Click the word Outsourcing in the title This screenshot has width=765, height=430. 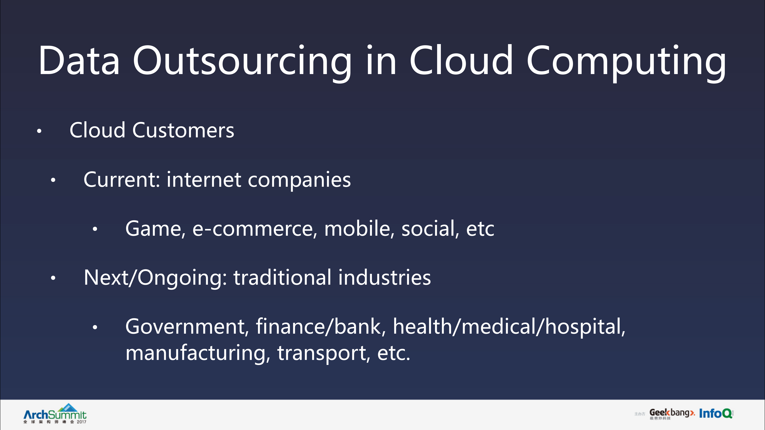click(x=242, y=61)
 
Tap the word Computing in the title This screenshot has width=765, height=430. click(x=626, y=61)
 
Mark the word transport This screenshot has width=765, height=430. click(x=324, y=353)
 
